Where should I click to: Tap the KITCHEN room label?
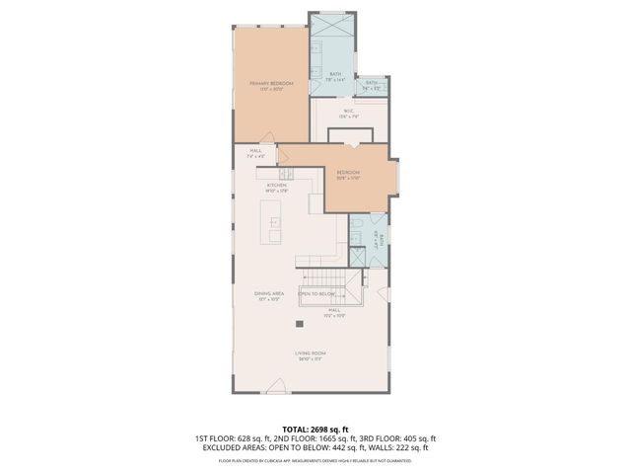pos(277,185)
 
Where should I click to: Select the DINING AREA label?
pos(269,293)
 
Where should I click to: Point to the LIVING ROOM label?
pos(310,353)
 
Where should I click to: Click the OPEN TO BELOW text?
pos(317,294)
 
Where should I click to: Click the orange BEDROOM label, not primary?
pos(348,173)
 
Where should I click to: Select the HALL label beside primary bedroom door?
pos(254,151)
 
